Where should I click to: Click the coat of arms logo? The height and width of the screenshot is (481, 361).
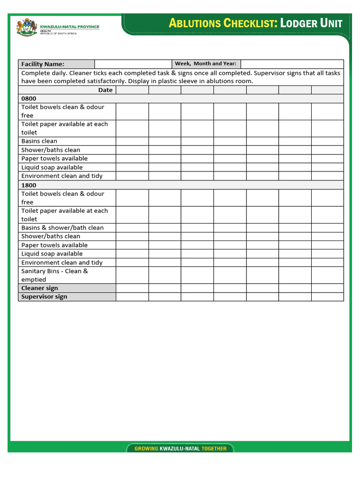click(26, 26)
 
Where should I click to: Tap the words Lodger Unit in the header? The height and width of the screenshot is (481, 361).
click(311, 23)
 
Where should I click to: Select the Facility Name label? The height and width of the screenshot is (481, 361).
click(43, 64)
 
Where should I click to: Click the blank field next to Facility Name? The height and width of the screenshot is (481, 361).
click(133, 64)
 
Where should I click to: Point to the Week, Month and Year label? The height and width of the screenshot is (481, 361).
click(205, 64)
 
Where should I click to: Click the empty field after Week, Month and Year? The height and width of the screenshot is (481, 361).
click(292, 64)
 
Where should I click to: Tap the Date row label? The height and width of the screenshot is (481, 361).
click(105, 90)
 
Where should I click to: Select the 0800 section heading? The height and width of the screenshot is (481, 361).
click(29, 99)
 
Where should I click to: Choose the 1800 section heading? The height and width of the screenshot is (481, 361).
click(29, 185)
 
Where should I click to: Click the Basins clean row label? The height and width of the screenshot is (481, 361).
click(39, 141)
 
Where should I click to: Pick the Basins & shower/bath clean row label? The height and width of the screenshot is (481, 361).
click(63, 228)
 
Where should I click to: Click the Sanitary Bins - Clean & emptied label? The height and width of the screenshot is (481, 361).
click(55, 275)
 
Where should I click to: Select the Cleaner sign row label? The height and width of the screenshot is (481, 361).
click(39, 288)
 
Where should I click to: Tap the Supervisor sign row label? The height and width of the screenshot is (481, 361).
click(44, 296)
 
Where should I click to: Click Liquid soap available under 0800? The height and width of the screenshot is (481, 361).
click(52, 167)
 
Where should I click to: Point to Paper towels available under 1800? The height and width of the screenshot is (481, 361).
click(55, 245)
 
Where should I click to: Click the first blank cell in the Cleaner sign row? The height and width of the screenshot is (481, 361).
click(132, 288)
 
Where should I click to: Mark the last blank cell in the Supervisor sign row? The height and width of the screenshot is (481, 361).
click(327, 296)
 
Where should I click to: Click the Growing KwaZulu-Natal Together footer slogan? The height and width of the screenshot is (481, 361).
click(180, 449)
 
